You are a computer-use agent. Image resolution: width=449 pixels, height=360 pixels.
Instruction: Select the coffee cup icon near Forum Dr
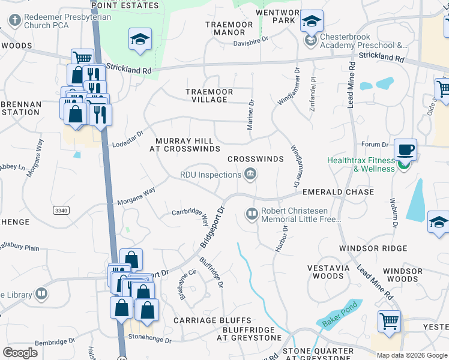pyautogui.click(x=405, y=149)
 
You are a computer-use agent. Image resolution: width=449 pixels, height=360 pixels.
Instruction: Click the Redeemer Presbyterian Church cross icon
pyautogui.click(x=14, y=20)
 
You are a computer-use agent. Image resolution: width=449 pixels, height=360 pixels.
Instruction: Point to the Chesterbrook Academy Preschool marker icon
pyautogui.click(x=310, y=40)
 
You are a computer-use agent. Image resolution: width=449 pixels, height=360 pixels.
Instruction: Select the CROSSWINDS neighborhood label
pyautogui.click(x=255, y=159)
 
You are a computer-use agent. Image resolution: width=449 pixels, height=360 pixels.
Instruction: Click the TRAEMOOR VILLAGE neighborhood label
pyautogui.click(x=206, y=95)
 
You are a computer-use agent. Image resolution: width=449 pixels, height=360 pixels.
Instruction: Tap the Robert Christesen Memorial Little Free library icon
pyautogui.click(x=252, y=214)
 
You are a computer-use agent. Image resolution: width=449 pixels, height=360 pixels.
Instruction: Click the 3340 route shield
pyautogui.click(x=61, y=210)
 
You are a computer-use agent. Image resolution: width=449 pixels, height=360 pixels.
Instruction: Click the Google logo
pyautogui.click(x=20, y=352)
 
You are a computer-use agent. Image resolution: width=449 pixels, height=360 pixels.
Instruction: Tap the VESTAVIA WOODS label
pyautogui.click(x=328, y=272)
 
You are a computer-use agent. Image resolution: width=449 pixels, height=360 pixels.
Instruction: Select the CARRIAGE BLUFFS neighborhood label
pyautogui.click(x=212, y=320)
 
